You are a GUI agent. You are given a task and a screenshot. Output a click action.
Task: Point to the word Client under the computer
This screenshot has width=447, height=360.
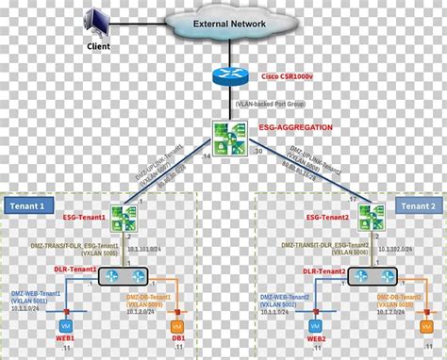(x=97, y=43)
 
